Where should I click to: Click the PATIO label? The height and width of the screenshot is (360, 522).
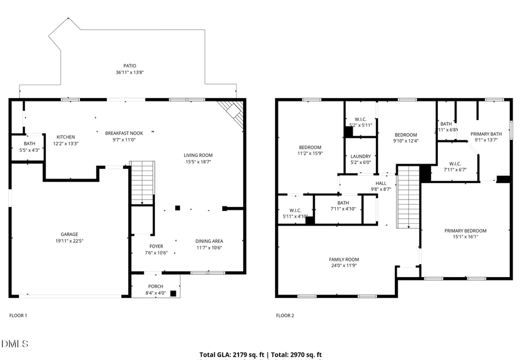pyautogui.click(x=129, y=66)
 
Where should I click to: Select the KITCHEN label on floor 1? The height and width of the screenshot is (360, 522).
pyautogui.click(x=66, y=137)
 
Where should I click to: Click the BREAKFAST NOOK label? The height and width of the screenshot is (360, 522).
pyautogui.click(x=124, y=133)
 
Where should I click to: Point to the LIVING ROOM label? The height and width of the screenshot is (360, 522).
pyautogui.click(x=198, y=155)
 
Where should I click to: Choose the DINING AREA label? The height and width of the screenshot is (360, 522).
pyautogui.click(x=209, y=241)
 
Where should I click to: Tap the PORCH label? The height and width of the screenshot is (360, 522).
pyautogui.click(x=155, y=286)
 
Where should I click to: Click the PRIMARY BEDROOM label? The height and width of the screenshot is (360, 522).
pyautogui.click(x=465, y=230)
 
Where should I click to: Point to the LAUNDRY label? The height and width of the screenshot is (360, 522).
pyautogui.click(x=361, y=156)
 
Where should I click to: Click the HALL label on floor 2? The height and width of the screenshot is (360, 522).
pyautogui.click(x=381, y=183)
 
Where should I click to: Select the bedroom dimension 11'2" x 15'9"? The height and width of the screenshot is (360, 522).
pyautogui.click(x=310, y=154)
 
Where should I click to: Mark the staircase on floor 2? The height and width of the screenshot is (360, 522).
pyautogui.click(x=408, y=197)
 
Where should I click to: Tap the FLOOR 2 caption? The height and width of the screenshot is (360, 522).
pyautogui.click(x=285, y=316)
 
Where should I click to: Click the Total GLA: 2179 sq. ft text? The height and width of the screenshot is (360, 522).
pyautogui.click(x=231, y=354)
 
